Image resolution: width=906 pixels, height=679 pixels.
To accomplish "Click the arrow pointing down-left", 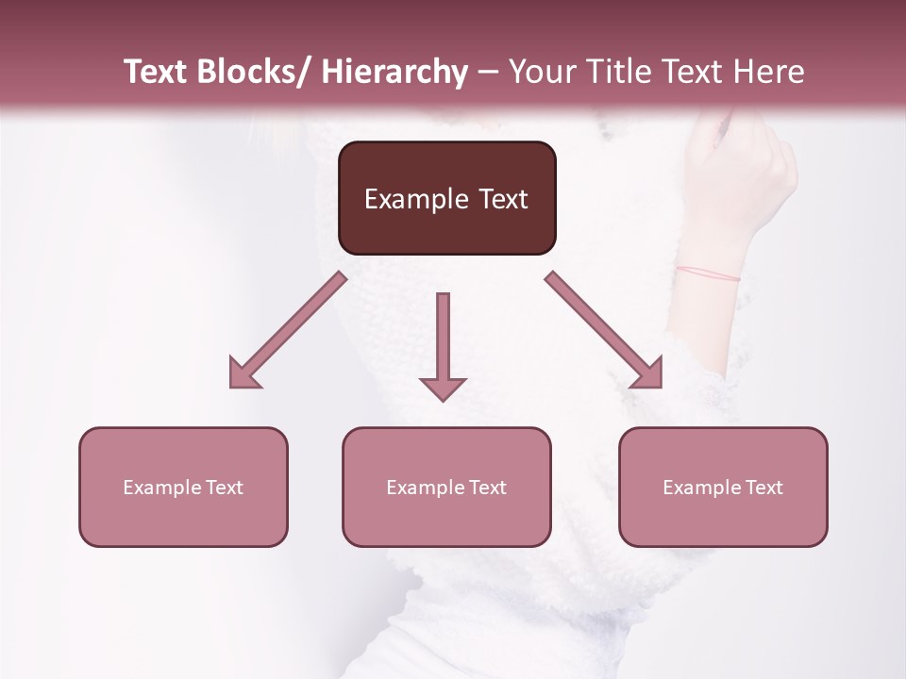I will (x=287, y=331).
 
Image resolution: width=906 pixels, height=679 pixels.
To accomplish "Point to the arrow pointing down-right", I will (x=605, y=331).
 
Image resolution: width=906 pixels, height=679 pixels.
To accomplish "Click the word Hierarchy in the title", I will (x=395, y=72).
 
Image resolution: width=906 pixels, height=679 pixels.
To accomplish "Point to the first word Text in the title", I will (x=158, y=72).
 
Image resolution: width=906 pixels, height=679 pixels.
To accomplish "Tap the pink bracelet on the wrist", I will (x=708, y=273).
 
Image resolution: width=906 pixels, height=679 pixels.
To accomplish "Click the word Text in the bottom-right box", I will (x=763, y=488).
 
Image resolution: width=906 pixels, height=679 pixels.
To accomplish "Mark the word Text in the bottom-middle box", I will (x=486, y=488).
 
